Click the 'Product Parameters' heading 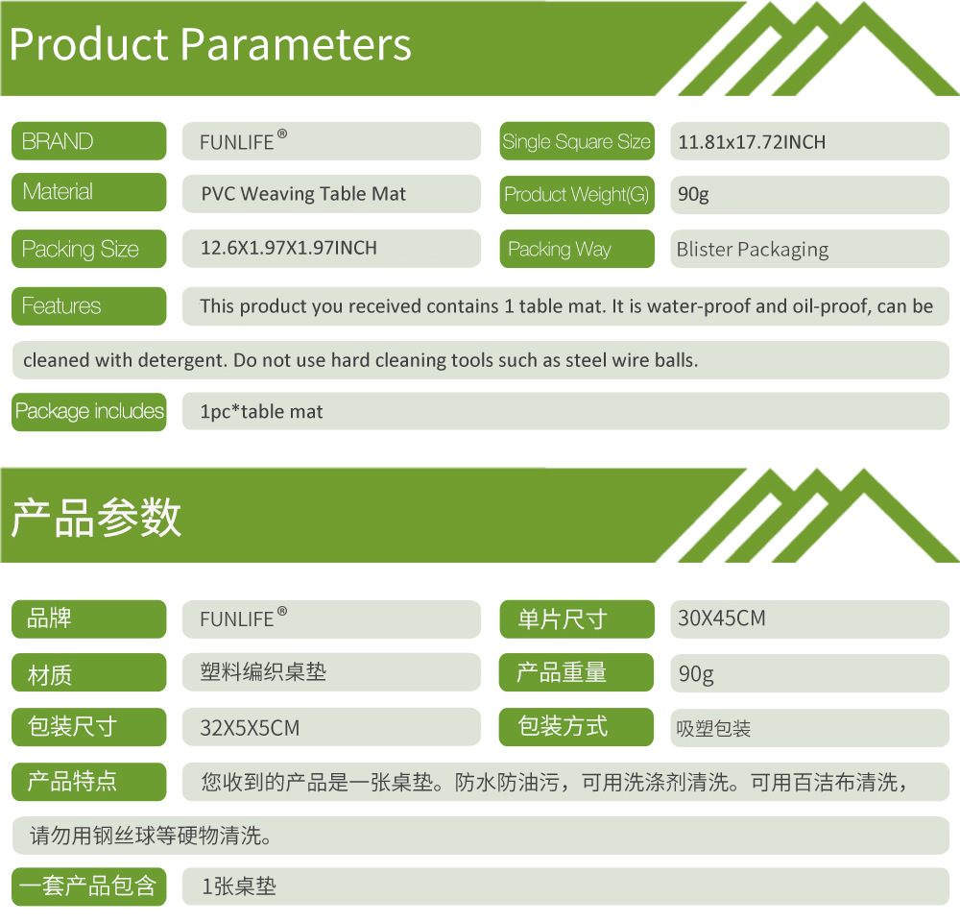coord(210,45)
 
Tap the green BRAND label coord(88,141)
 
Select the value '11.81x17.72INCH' coord(752,142)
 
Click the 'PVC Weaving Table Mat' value coord(303,194)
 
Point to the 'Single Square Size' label coord(577,141)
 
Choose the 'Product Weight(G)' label coord(577,195)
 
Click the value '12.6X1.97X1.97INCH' coord(289,248)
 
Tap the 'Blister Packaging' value coord(753,250)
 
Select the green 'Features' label coord(88,305)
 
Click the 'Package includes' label coord(88,412)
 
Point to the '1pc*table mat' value coord(261,412)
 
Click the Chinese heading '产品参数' coord(96,518)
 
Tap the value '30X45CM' coord(722,619)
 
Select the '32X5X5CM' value coord(250,728)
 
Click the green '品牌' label coord(88,619)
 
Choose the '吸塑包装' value coord(713,728)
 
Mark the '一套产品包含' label coord(88,886)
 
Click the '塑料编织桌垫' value coord(263,672)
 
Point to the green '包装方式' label coord(576,727)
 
